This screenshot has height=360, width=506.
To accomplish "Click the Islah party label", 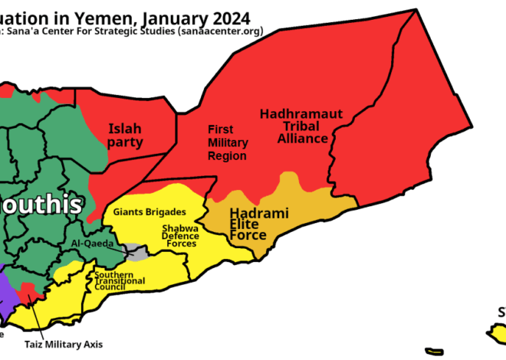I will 125,136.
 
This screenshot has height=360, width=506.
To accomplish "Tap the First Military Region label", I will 228,142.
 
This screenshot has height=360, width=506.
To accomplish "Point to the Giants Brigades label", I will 149,211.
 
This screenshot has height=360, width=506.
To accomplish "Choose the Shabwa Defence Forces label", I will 179,236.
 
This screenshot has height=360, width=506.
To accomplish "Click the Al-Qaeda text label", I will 92,244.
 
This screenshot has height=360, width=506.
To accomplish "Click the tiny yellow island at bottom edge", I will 434,352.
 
